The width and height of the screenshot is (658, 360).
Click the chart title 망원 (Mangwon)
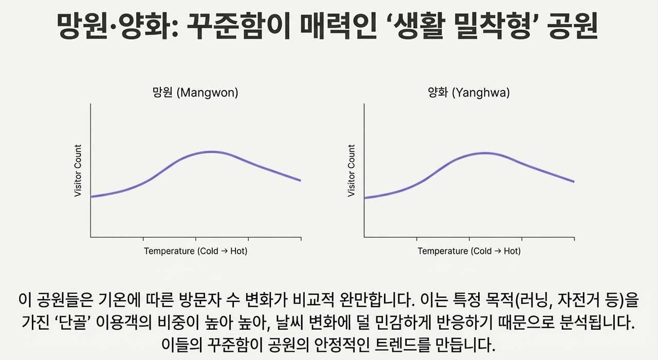tap(195, 93)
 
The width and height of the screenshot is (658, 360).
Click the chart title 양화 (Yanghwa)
tap(469, 93)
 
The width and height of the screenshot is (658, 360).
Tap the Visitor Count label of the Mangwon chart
tap(78, 171)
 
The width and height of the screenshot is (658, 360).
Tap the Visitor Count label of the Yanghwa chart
tap(352, 171)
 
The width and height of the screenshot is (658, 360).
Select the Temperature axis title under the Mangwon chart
tap(195, 251)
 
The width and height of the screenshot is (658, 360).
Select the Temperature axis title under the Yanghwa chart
tap(469, 251)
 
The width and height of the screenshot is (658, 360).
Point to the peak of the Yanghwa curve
tap(484, 153)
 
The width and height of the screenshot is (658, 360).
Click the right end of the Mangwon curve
tap(300, 181)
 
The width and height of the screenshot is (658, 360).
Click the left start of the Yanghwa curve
tap(365, 198)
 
